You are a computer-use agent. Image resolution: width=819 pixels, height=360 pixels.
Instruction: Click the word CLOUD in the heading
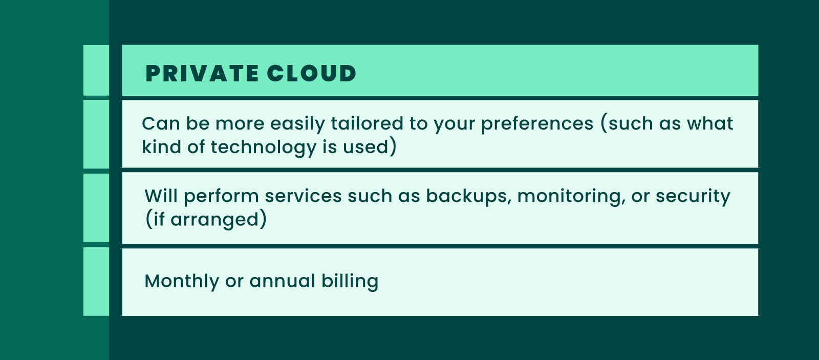(x=311, y=74)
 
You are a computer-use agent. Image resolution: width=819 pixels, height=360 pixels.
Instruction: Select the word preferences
(x=537, y=124)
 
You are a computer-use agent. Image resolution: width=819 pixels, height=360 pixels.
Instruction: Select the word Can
(x=160, y=123)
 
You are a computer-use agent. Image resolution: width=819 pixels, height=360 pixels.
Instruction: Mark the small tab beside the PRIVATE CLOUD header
(x=96, y=70)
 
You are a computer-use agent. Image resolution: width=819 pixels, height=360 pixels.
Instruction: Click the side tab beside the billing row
(x=96, y=282)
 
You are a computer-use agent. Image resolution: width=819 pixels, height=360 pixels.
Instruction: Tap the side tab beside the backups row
(x=96, y=208)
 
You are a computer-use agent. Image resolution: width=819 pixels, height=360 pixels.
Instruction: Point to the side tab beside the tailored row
(x=96, y=134)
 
